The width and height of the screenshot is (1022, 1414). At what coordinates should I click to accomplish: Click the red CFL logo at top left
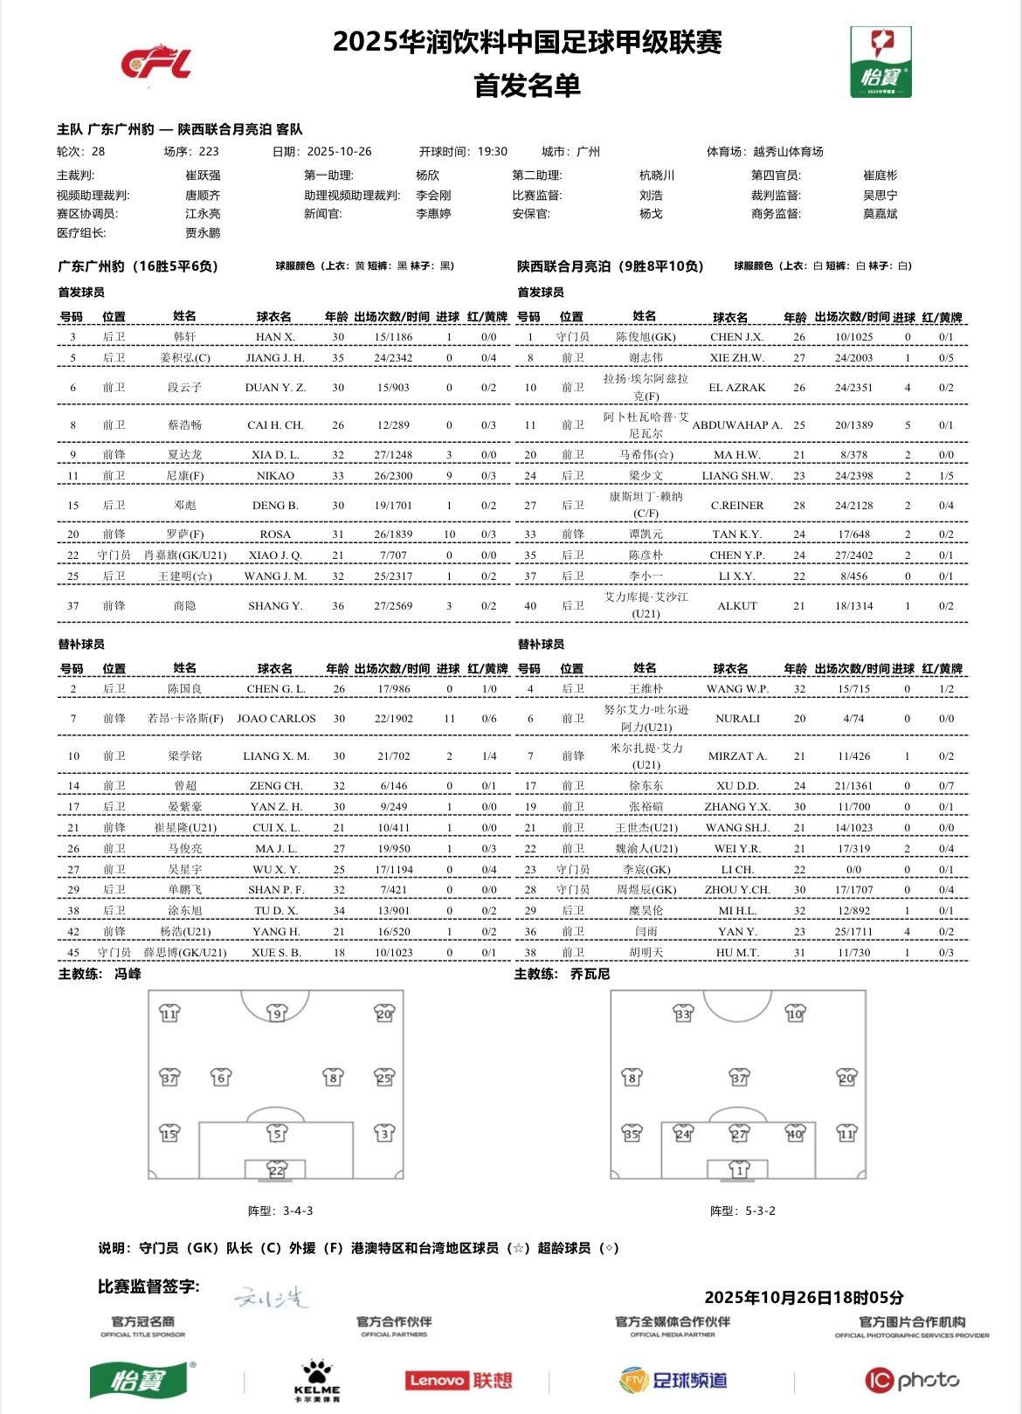pyautogui.click(x=156, y=63)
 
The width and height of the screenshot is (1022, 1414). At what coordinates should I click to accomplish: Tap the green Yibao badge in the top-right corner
pyautogui.click(x=880, y=61)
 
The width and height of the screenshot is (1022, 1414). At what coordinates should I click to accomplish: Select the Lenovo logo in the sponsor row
pyautogui.click(x=459, y=1380)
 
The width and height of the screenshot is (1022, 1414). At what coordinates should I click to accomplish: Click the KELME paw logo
pyautogui.click(x=317, y=1379)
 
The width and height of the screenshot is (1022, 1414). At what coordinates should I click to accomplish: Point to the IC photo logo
pyautogui.click(x=912, y=1380)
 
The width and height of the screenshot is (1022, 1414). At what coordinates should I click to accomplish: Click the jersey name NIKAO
pyautogui.click(x=275, y=476)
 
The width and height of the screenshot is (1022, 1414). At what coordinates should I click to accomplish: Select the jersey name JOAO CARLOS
pyautogui.click(x=276, y=719)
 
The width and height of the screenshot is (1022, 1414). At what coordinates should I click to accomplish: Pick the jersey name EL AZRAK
pyautogui.click(x=736, y=388)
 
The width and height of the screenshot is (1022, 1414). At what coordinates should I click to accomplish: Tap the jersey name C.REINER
pyautogui.click(x=736, y=506)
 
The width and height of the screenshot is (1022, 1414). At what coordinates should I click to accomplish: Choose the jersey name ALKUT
pyautogui.click(x=736, y=606)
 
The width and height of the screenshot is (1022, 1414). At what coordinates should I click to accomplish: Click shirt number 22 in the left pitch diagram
pyautogui.click(x=277, y=1170)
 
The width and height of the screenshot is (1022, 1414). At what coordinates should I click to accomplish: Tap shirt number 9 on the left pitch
pyautogui.click(x=277, y=1013)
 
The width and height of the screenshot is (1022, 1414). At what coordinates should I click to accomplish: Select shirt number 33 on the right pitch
pyautogui.click(x=683, y=1013)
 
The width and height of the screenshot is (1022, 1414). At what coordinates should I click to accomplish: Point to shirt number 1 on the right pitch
pyautogui.click(x=739, y=1169)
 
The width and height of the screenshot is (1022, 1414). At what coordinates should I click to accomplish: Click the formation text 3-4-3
pyautogui.click(x=298, y=1211)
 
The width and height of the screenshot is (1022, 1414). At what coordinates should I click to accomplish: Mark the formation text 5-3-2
pyautogui.click(x=760, y=1211)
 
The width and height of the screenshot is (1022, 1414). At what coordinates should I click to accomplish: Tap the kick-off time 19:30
pyautogui.click(x=492, y=152)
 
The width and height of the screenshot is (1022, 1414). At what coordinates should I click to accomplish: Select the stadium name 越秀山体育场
pyautogui.click(x=788, y=152)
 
